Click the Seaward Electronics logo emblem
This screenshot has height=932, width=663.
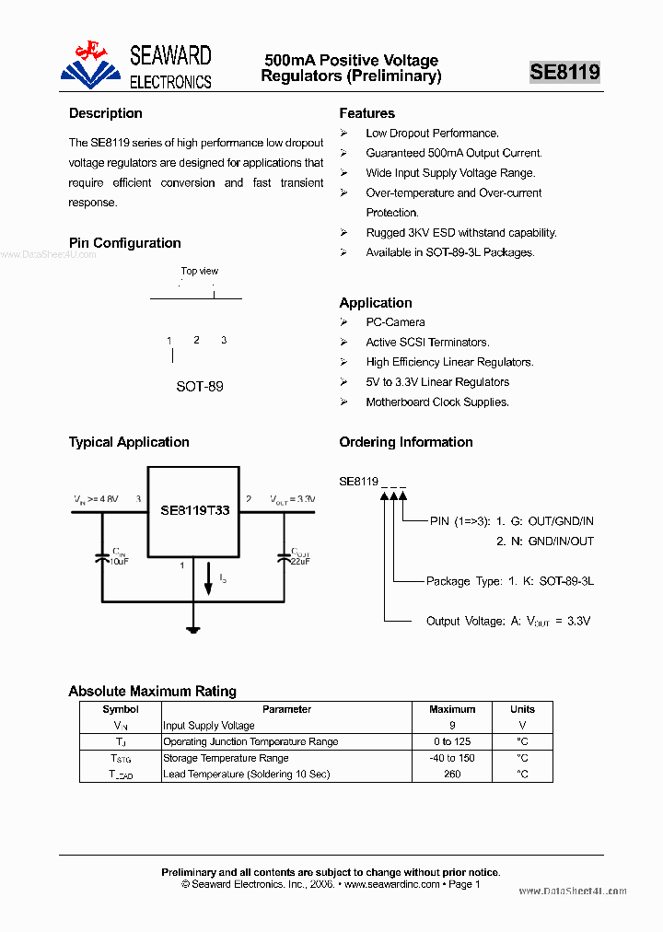pyautogui.click(x=90, y=64)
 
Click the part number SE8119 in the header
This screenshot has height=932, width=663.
pyautogui.click(x=564, y=72)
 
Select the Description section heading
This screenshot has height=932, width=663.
pyautogui.click(x=106, y=113)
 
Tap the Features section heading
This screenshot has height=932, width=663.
pyautogui.click(x=366, y=113)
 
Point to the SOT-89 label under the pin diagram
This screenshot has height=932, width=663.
pyautogui.click(x=200, y=386)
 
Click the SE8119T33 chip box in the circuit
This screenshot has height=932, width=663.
pyautogui.click(x=194, y=510)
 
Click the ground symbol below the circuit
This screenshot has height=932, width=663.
pyautogui.click(x=193, y=630)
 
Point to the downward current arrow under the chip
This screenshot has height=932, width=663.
pyautogui.click(x=208, y=583)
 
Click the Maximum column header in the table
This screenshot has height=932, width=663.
pyautogui.click(x=452, y=709)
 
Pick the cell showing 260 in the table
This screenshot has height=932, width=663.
pyautogui.click(x=452, y=775)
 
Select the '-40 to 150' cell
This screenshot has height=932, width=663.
pyautogui.click(x=452, y=758)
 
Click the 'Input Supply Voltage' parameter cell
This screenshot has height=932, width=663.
pyautogui.click(x=209, y=726)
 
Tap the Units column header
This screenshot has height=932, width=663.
pyautogui.click(x=522, y=709)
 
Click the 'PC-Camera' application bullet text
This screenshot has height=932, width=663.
pyautogui.click(x=395, y=322)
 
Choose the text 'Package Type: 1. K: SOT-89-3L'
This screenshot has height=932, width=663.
pyautogui.click(x=509, y=581)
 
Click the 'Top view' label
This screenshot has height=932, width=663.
pyautogui.click(x=200, y=271)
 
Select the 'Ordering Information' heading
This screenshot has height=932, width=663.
pyautogui.click(x=406, y=442)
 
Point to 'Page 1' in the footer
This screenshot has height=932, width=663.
pyautogui.click(x=463, y=884)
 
